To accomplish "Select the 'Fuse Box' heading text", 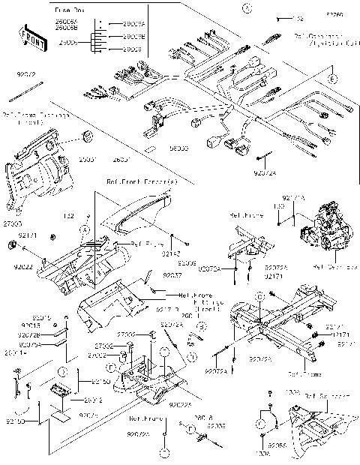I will [x=69, y=10].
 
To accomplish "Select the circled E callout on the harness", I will [x=333, y=79].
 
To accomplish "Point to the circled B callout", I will [x=181, y=346].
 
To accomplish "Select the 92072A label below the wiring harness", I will [x=264, y=173].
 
